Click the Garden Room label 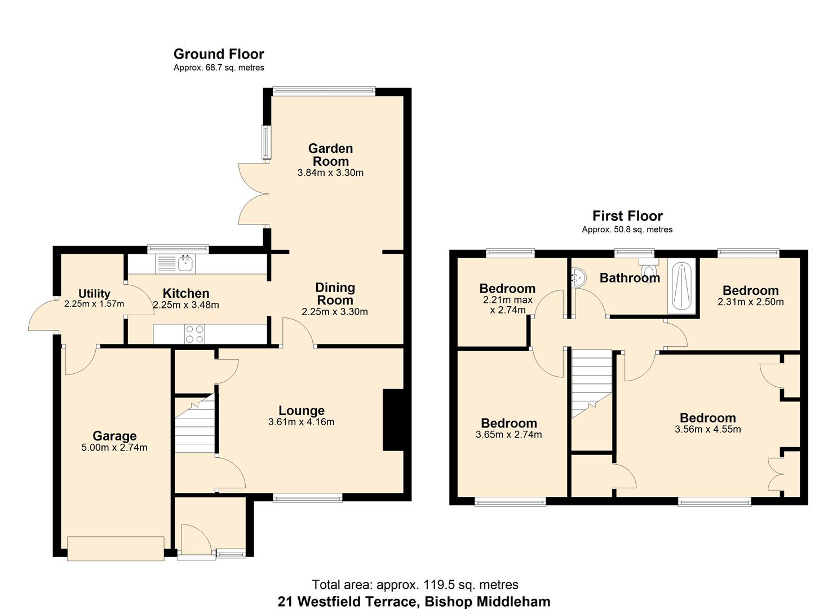point(330,155)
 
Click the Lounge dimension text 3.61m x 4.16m point(302,422)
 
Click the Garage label point(114,436)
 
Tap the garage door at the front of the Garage point(116,549)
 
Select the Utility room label point(94,293)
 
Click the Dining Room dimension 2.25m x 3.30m point(335,312)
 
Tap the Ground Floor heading point(219,54)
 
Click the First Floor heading point(627,216)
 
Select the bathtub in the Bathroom point(682,285)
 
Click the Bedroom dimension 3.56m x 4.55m point(707,429)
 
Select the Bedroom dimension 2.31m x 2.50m point(750,302)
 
